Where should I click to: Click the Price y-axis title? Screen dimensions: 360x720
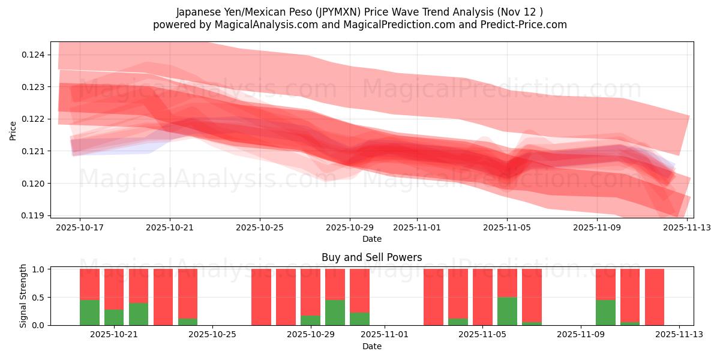[x=13, y=130]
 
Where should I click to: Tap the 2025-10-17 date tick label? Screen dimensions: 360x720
[x=79, y=228]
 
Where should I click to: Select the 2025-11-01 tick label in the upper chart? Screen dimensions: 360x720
[x=417, y=228]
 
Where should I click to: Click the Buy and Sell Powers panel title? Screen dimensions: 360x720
[x=371, y=257]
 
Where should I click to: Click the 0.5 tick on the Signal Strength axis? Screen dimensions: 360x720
[x=37, y=297]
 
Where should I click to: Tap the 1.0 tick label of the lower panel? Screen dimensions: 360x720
[x=37, y=269]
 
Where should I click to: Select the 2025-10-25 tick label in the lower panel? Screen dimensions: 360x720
[x=213, y=335]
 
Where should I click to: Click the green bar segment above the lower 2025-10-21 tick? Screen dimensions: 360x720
[x=114, y=317]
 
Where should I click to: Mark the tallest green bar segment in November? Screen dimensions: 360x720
[x=507, y=311]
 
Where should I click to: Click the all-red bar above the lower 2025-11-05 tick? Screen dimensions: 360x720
[x=482, y=297]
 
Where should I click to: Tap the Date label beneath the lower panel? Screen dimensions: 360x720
[x=371, y=346]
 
